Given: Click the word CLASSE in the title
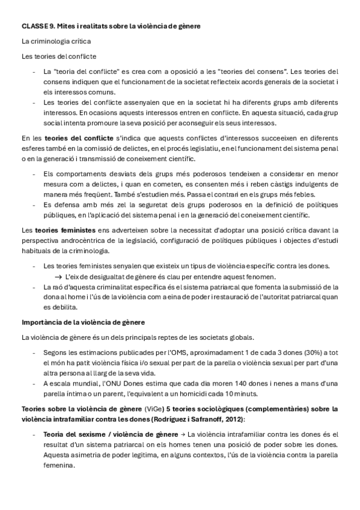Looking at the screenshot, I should [x=34, y=26].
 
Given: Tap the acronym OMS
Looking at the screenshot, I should [x=172, y=351].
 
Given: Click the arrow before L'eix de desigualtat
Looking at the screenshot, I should [x=59, y=276].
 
